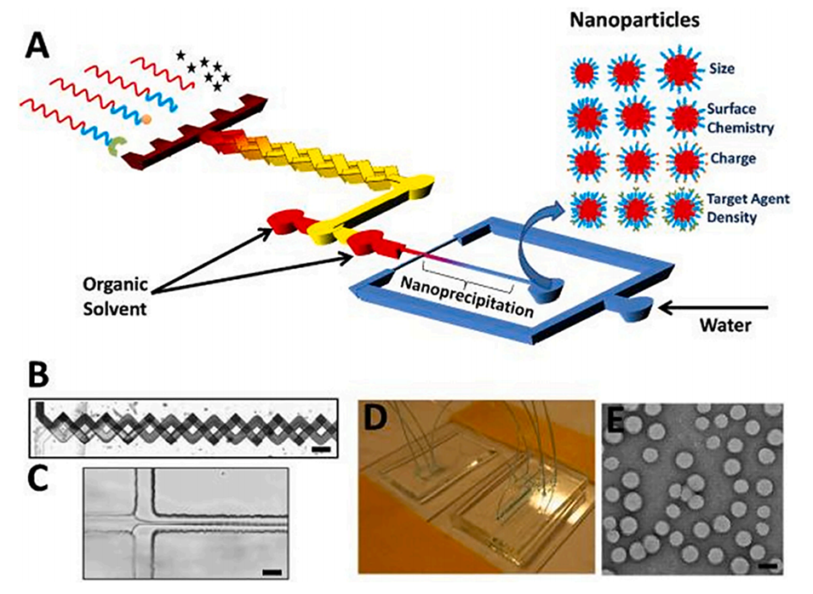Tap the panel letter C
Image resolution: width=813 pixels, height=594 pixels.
43,480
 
